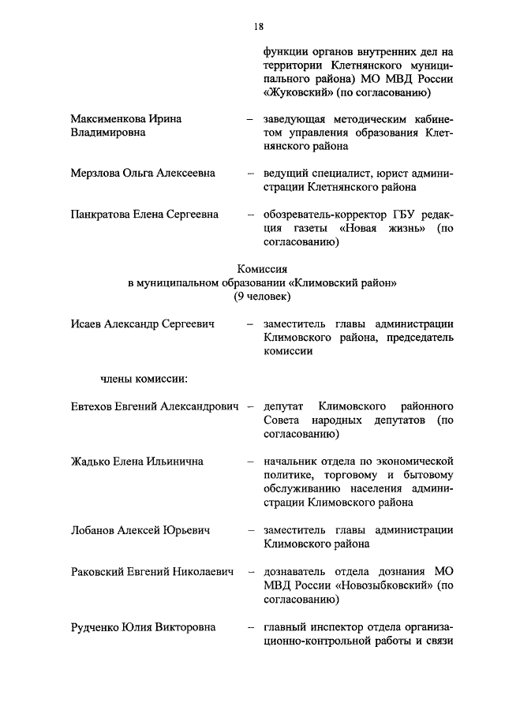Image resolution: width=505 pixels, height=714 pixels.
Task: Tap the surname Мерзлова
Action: pyautogui.click(x=97, y=173)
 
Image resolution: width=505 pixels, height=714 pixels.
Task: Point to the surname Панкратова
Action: pyautogui.click(x=103, y=214)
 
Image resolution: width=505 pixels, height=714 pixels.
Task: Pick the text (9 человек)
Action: pyautogui.click(x=262, y=296)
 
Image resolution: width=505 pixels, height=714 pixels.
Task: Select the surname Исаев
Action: pyautogui.click(x=86, y=323)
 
